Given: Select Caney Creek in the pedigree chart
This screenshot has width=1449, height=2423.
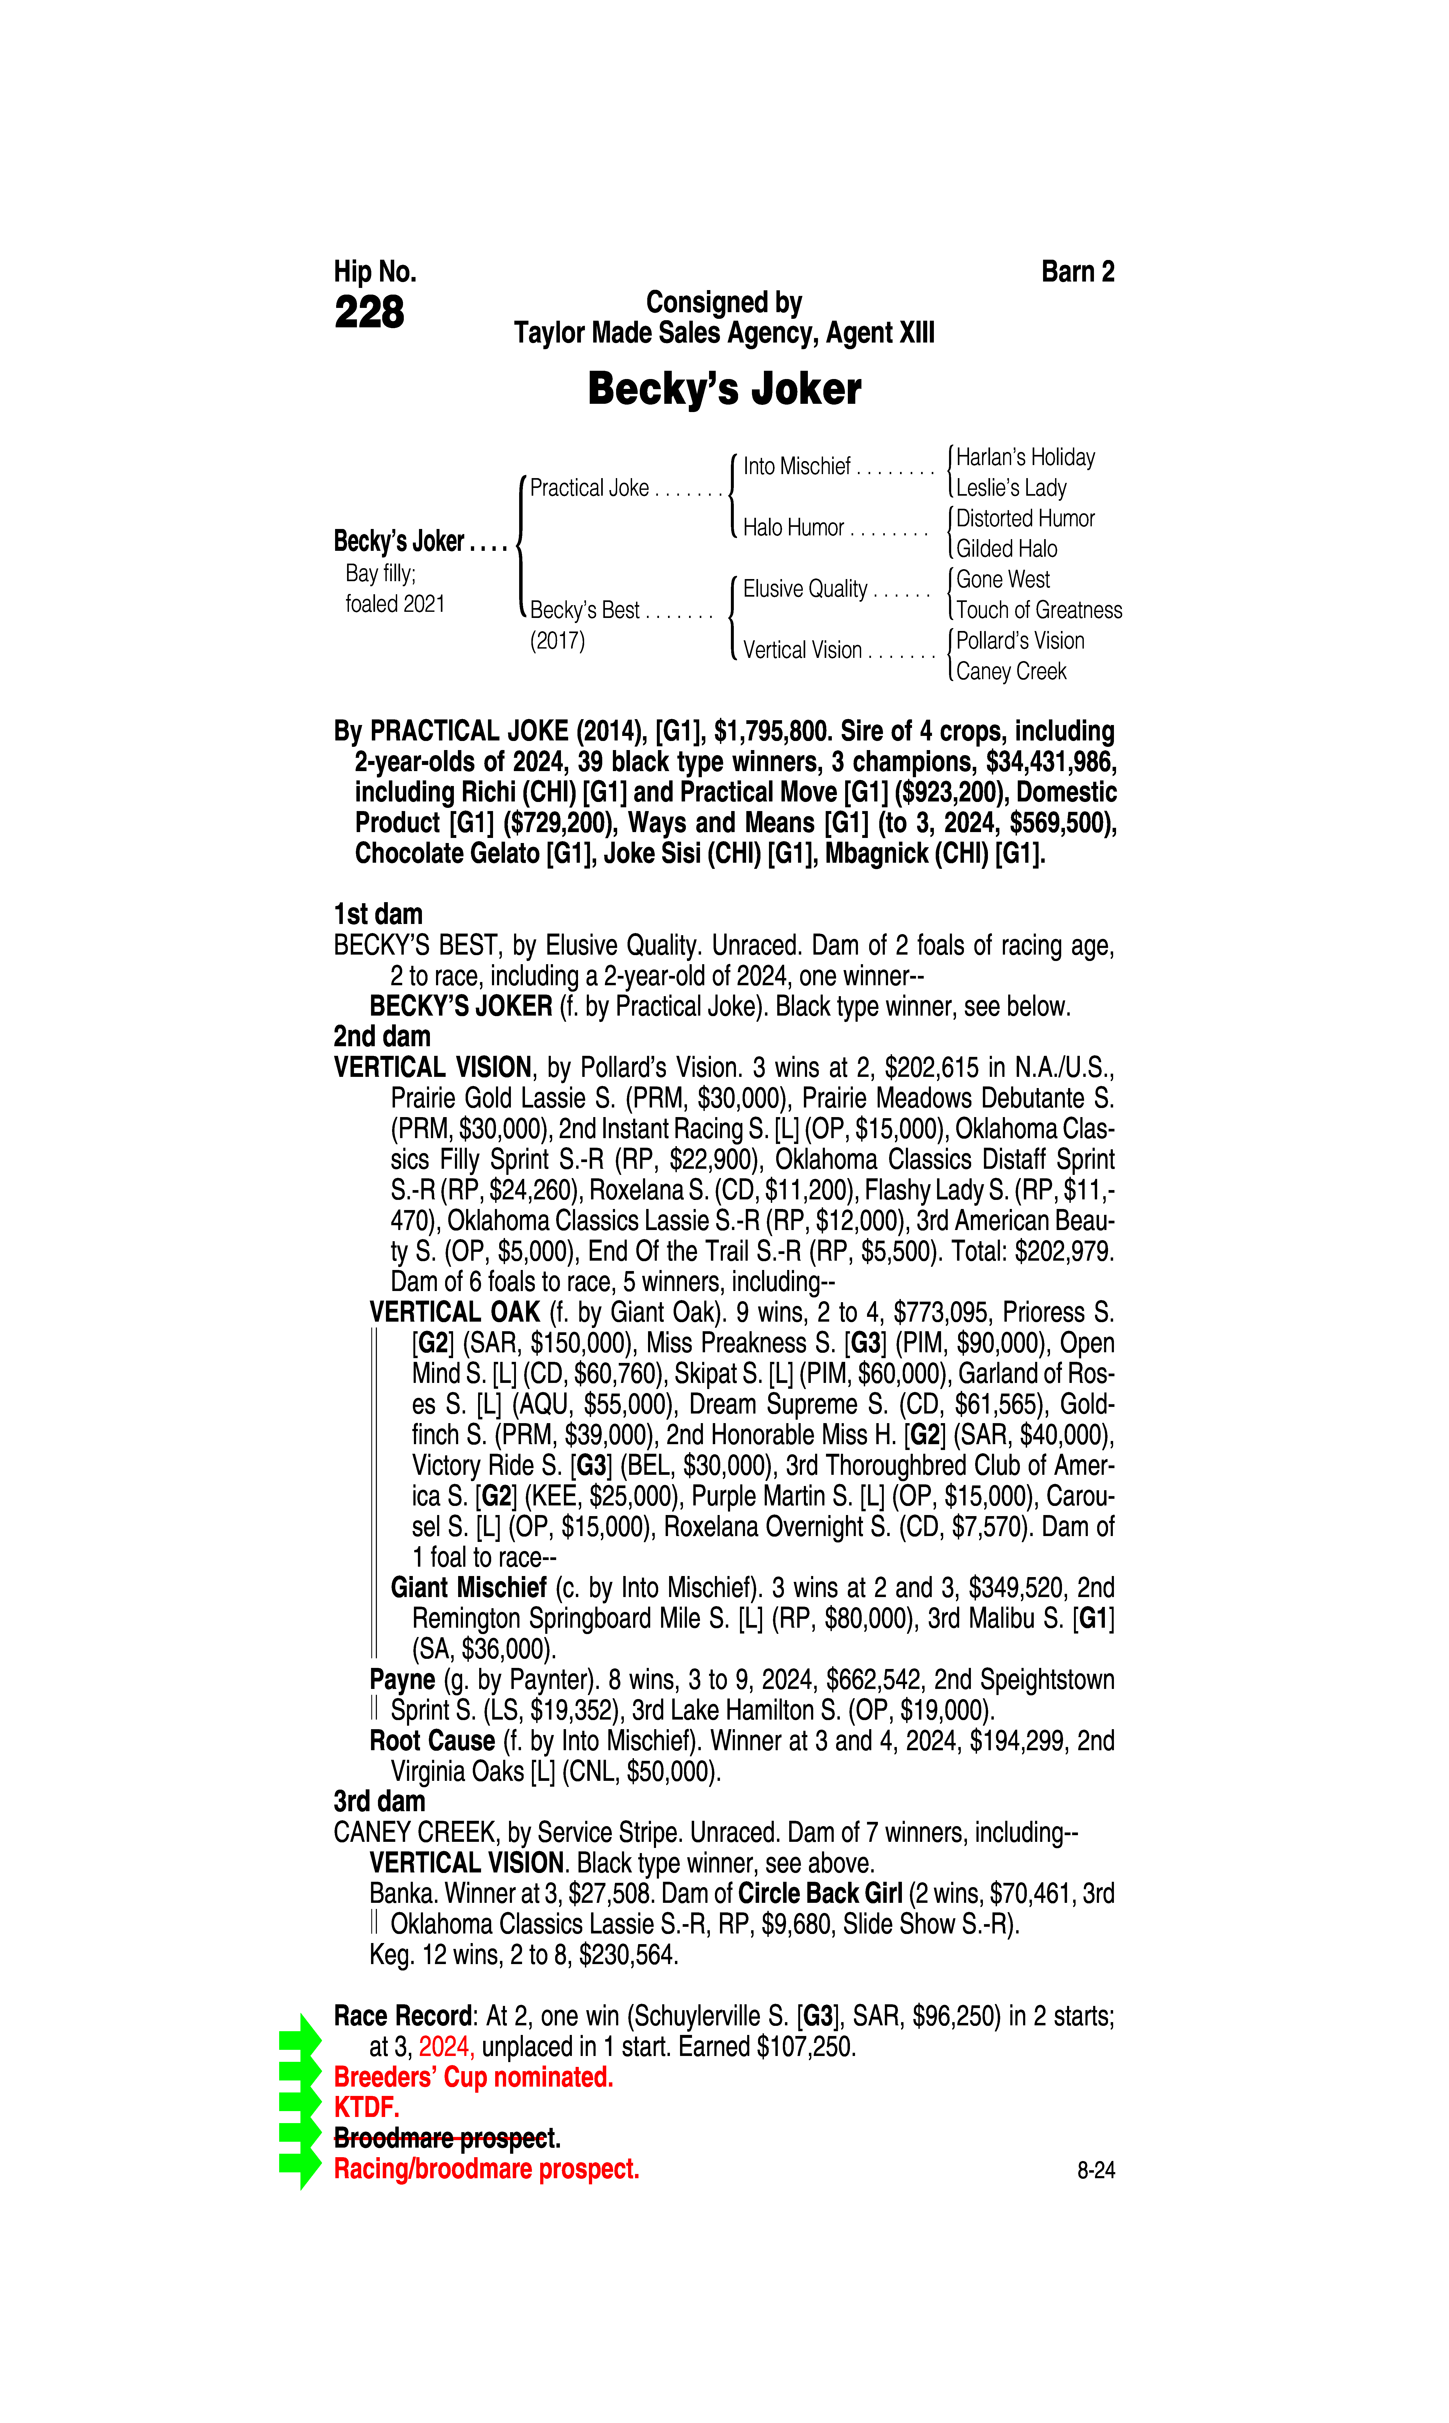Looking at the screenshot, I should (1011, 672).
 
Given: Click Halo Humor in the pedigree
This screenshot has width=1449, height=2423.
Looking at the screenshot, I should (793, 528).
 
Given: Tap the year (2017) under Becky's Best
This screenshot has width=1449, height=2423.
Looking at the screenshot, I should (557, 641).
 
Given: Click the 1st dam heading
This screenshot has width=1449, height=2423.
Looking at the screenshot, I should (378, 915).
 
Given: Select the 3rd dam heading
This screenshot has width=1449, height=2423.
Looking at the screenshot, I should (379, 1801).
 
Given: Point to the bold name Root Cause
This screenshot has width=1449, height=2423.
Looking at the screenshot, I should (432, 1741).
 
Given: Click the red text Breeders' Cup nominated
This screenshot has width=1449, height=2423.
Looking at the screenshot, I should (474, 2078).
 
